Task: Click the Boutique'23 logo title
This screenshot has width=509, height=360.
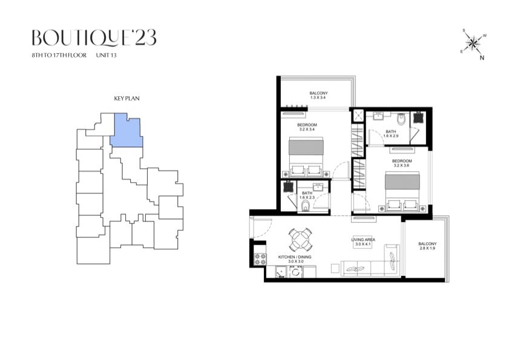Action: click(x=94, y=38)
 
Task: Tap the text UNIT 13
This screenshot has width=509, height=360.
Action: click(x=106, y=55)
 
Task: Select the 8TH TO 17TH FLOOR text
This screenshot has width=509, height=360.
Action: click(x=59, y=55)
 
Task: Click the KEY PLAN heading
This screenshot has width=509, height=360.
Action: click(x=126, y=99)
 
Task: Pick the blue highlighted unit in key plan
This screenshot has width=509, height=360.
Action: click(x=126, y=131)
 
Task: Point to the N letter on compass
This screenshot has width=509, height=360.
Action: click(x=482, y=58)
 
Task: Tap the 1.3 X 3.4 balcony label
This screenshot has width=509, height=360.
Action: click(x=318, y=97)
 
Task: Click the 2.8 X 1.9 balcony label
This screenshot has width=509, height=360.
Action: click(x=427, y=248)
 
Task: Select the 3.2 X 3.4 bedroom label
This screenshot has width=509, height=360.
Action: click(x=307, y=129)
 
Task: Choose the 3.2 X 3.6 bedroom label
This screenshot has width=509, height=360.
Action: click(x=401, y=165)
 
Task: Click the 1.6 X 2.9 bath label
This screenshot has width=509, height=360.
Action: click(x=390, y=136)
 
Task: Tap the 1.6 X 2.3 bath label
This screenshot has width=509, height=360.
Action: click(x=307, y=197)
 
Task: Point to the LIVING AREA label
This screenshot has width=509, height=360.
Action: click(x=363, y=240)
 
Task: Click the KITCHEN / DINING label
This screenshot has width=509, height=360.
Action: click(x=295, y=257)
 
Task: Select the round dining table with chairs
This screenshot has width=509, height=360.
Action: click(x=300, y=240)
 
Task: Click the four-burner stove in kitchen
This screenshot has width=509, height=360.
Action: click(x=260, y=259)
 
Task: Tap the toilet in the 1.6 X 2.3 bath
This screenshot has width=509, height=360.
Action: click(x=306, y=206)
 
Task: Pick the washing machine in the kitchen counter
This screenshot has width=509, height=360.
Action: click(x=296, y=272)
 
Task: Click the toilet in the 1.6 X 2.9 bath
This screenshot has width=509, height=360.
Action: click(x=401, y=119)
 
